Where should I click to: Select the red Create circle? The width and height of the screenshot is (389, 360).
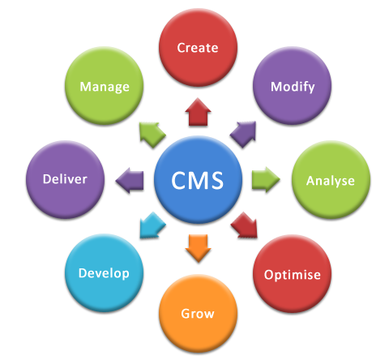[x=198, y=49]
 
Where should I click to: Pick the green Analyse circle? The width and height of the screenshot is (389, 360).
[x=330, y=180]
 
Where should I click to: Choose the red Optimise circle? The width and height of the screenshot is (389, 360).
[x=292, y=274]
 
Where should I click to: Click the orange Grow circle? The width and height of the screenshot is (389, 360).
[x=198, y=312]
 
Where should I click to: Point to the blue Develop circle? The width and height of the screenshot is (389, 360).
[x=104, y=272]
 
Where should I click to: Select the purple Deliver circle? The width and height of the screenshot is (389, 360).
[x=65, y=179]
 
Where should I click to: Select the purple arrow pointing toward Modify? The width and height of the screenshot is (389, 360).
[x=244, y=132]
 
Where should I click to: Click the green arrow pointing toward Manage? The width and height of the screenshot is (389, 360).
[x=151, y=132]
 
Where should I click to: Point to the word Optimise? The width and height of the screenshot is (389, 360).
[x=292, y=275]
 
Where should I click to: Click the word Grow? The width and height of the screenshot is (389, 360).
[x=198, y=313]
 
